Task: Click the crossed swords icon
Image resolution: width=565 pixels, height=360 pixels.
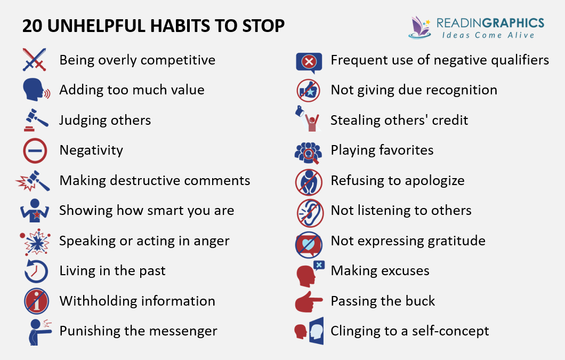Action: pos(35,60)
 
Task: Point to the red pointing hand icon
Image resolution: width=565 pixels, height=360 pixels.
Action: pos(309,301)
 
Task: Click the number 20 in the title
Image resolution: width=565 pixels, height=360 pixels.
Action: pos(32,26)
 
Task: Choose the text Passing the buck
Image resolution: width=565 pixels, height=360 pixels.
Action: pos(383,301)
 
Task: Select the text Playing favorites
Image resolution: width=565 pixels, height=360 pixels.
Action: pos(382,150)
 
